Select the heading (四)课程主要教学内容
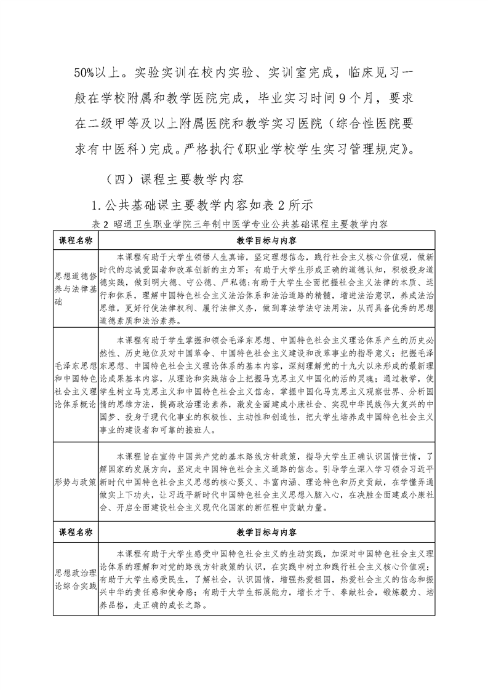(x=175, y=180)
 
